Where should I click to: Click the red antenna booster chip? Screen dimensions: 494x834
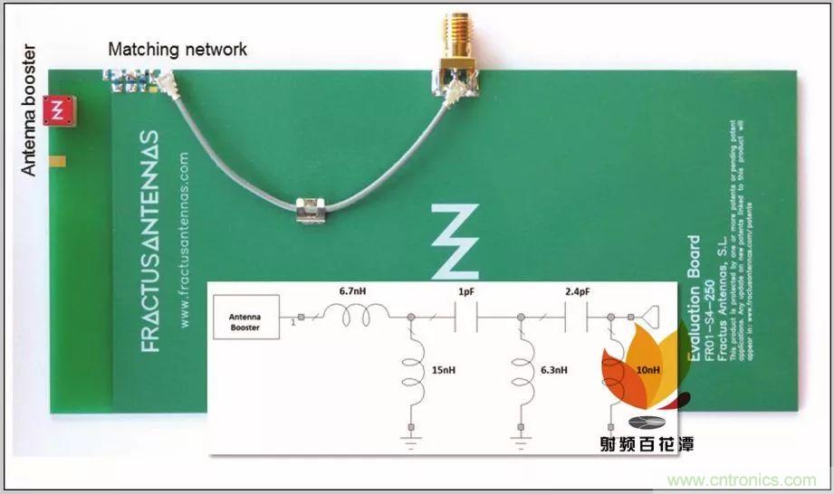tap(60, 110)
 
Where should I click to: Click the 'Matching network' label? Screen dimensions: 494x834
tap(177, 49)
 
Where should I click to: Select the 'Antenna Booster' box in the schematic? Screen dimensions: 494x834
tap(244, 320)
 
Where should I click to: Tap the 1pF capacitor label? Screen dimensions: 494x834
tap(465, 292)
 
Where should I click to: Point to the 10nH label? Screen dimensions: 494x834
tap(648, 370)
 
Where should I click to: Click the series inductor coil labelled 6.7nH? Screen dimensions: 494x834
tap(358, 313)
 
